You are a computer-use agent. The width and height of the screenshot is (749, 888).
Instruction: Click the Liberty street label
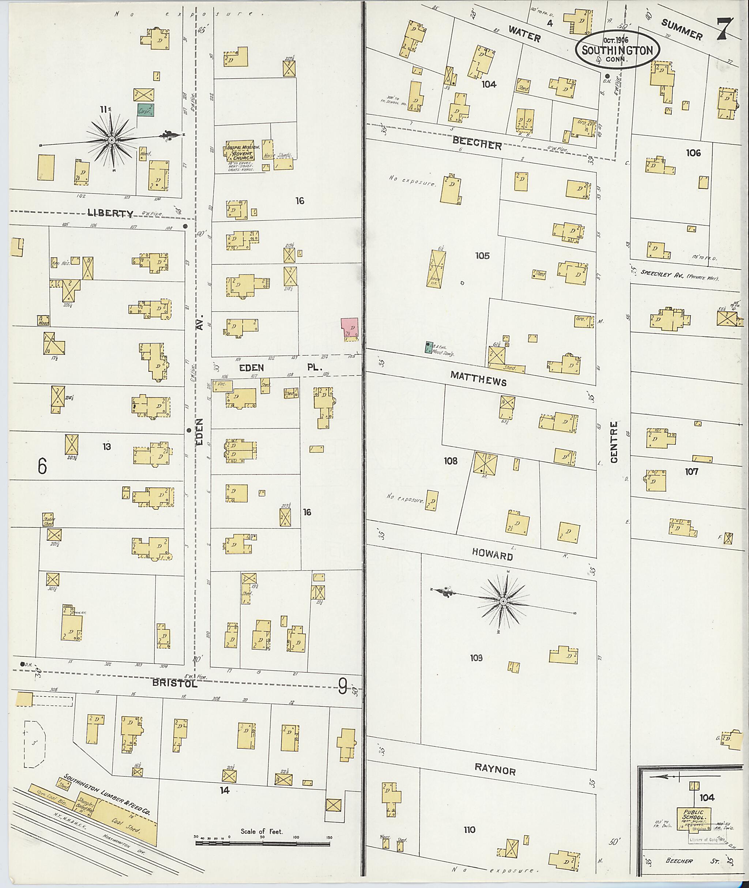(110, 213)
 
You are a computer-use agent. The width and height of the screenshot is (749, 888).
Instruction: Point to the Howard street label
(493, 556)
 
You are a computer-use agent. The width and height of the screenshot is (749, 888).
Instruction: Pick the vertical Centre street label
(614, 442)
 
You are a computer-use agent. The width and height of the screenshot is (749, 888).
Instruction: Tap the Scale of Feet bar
(262, 842)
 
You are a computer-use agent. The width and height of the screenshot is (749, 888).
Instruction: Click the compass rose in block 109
(503, 601)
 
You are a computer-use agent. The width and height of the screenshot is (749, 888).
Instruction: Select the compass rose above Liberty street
(111, 140)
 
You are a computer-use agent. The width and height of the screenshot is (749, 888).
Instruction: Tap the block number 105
(482, 256)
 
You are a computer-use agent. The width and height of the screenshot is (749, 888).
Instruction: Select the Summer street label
(681, 30)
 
